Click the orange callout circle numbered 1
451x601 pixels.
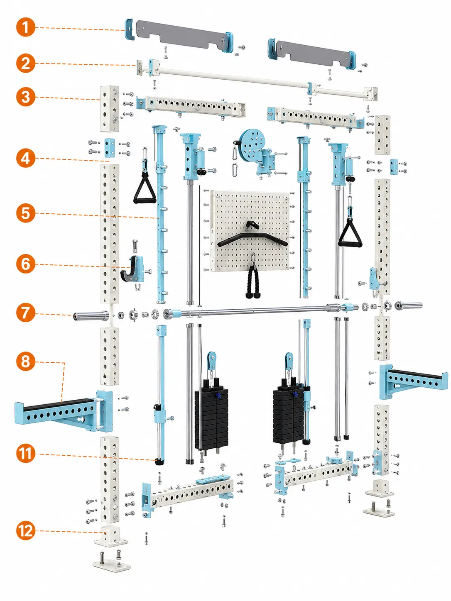pyautogui.click(x=26, y=27)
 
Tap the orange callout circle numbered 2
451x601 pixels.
pyautogui.click(x=26, y=63)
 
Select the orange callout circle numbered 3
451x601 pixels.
pyautogui.click(x=26, y=97)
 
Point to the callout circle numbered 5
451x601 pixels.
pyautogui.click(x=26, y=213)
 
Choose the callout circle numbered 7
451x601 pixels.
pyautogui.click(x=26, y=313)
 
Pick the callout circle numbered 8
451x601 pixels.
pyautogui.click(x=26, y=361)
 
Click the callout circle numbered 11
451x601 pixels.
pyautogui.click(x=26, y=453)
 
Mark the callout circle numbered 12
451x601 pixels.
pyautogui.click(x=26, y=530)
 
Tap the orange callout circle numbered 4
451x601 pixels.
pyautogui.click(x=26, y=158)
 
